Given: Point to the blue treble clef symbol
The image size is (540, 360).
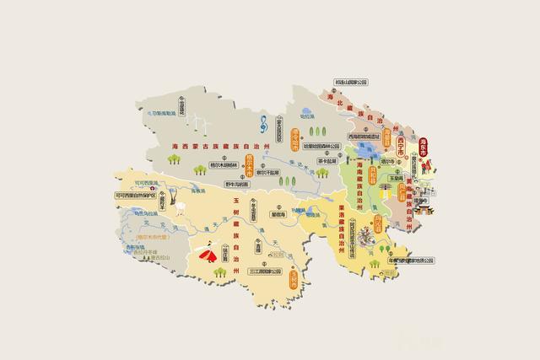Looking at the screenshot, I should point(266,121).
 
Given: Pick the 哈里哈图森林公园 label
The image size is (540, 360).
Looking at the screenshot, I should point(320,146).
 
